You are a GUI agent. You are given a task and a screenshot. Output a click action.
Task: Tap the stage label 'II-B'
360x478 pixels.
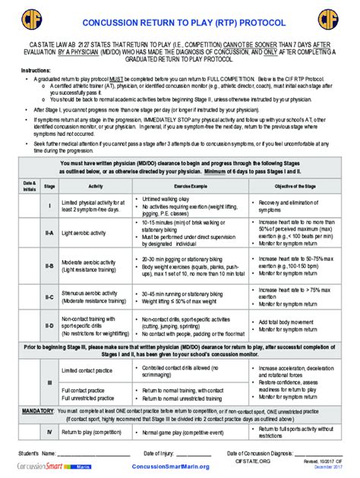49,266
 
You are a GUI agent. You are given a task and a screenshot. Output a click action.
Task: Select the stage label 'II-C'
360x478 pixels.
49,297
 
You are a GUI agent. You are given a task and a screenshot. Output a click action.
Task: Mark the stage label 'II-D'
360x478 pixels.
49,326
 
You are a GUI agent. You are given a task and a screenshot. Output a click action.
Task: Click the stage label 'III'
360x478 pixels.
49,384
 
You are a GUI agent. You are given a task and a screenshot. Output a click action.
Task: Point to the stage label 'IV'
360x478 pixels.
49,432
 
